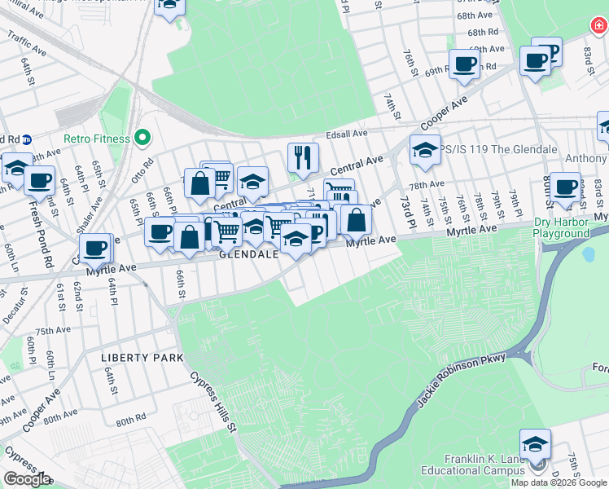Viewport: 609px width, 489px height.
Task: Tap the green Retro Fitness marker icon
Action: [143, 138]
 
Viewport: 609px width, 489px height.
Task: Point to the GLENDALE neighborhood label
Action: [249, 254]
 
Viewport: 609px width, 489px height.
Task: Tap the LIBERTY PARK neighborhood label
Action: [130, 358]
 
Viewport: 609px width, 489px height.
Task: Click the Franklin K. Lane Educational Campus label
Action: [473, 465]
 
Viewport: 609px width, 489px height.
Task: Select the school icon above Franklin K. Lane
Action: [536, 444]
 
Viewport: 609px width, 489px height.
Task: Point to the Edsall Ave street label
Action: [346, 133]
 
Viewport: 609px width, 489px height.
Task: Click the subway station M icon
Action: [26, 139]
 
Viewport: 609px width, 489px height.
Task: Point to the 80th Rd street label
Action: [130, 421]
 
